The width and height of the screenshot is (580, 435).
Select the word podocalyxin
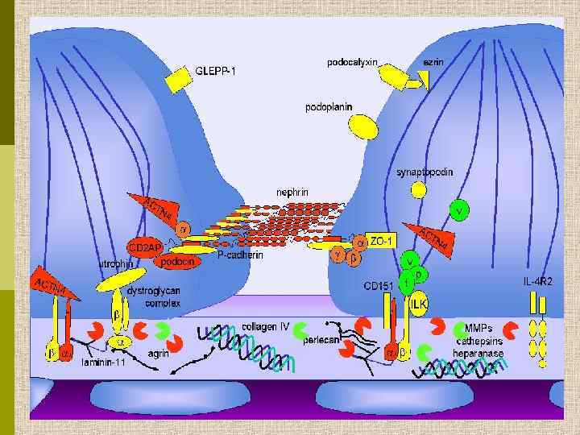click(353, 62)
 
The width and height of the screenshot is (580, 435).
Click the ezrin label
click(433, 62)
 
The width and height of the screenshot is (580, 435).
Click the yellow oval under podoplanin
click(363, 126)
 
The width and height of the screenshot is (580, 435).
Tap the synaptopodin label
click(425, 172)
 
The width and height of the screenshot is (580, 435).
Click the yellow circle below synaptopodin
click(419, 190)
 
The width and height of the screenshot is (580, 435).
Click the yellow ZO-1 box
click(382, 241)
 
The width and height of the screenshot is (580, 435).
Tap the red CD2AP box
click(144, 245)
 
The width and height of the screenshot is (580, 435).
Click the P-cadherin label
click(240, 255)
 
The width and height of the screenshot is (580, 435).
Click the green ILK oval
click(418, 304)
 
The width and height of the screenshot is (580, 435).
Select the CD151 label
click(378, 286)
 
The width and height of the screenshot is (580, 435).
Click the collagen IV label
click(265, 327)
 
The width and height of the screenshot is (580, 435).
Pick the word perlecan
click(321, 340)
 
